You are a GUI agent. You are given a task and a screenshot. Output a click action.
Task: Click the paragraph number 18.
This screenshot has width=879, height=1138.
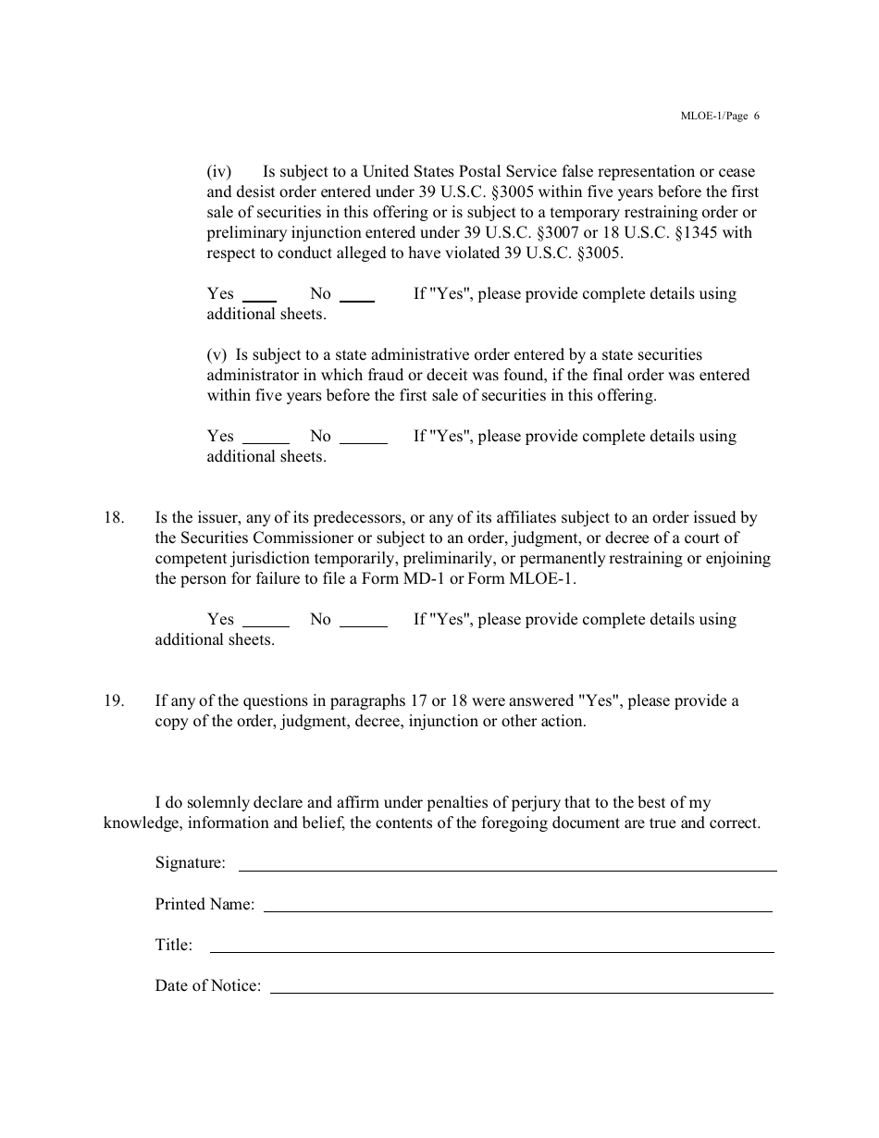click(x=113, y=518)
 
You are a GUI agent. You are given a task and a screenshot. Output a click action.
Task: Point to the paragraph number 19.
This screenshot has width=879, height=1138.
click(x=113, y=701)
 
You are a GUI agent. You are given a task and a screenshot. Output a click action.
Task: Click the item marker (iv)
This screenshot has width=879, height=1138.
click(x=218, y=172)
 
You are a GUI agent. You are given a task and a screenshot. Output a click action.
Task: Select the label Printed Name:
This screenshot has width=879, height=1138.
click(x=204, y=905)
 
